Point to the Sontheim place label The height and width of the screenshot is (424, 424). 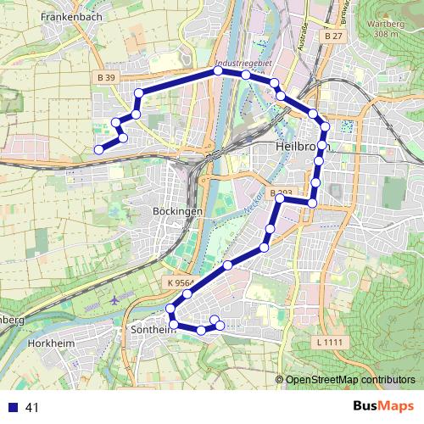pyautogui.click(x=152, y=329)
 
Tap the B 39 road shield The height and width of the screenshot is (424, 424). pyautogui.click(x=106, y=77)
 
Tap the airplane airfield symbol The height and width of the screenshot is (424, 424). pyautogui.click(x=115, y=300)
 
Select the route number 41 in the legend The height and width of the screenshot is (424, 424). pyautogui.click(x=33, y=408)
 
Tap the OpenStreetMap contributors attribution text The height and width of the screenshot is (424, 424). pyautogui.click(x=349, y=380)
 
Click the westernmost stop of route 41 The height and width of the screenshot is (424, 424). pyautogui.click(x=98, y=150)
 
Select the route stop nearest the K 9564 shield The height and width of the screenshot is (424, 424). pyautogui.click(x=187, y=293)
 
